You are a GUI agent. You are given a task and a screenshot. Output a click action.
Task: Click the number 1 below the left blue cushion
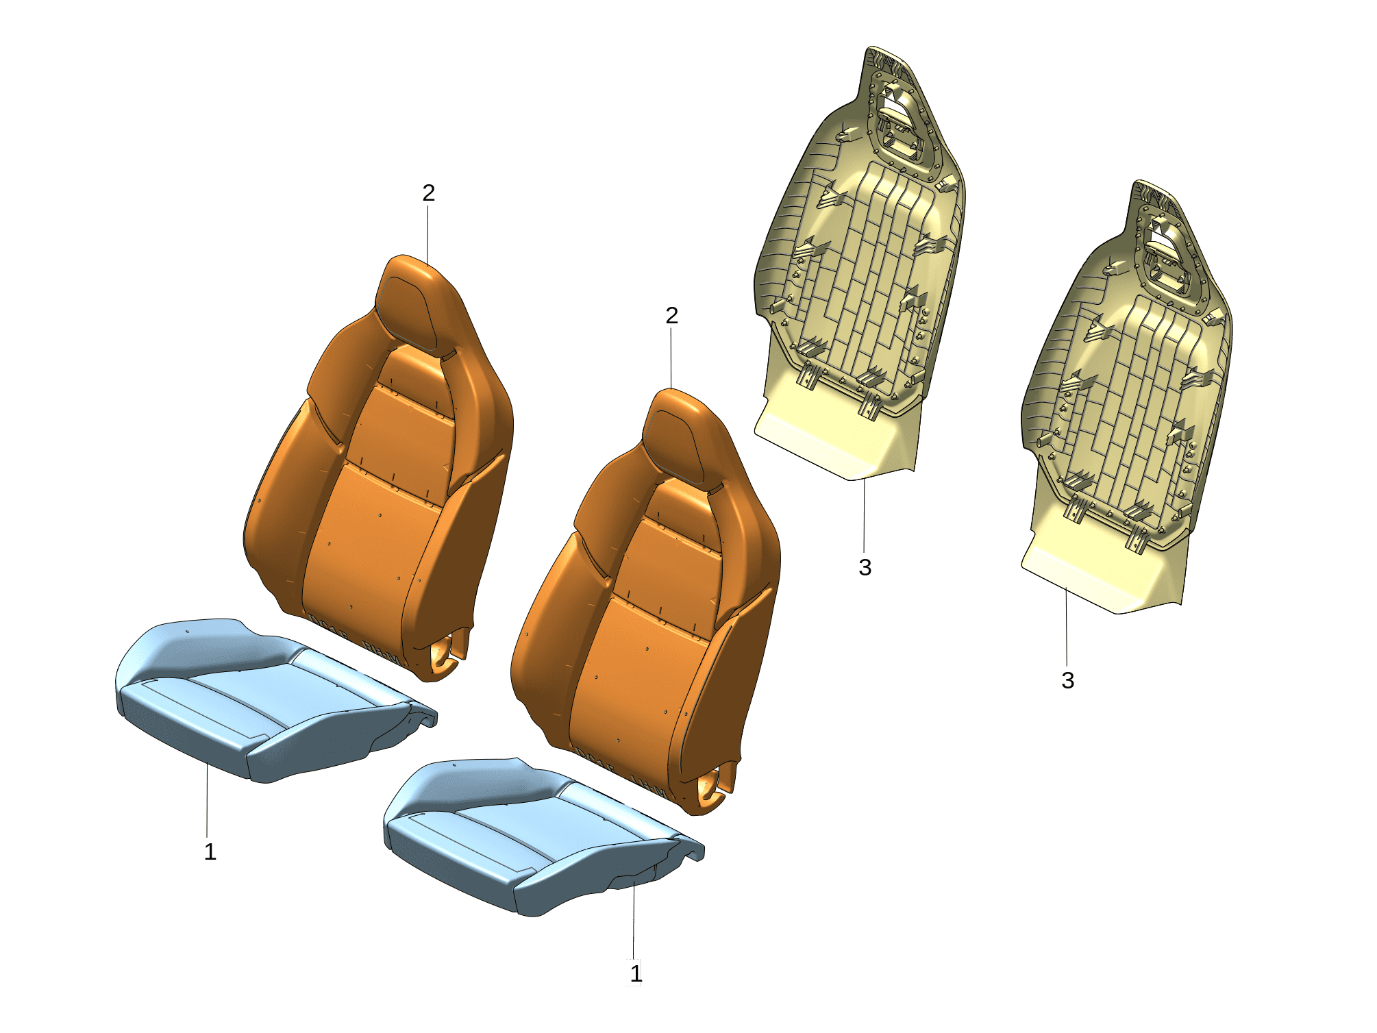[210, 852]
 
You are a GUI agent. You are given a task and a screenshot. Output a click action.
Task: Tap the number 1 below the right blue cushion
[636, 973]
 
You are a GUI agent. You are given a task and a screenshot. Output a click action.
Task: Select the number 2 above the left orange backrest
[429, 193]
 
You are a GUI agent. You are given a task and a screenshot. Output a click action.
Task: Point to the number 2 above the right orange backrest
[672, 315]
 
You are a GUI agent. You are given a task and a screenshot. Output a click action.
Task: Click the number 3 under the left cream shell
[865, 567]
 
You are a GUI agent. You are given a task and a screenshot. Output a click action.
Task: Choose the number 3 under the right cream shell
[1067, 680]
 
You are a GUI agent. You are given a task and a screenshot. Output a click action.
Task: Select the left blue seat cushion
[274, 699]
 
